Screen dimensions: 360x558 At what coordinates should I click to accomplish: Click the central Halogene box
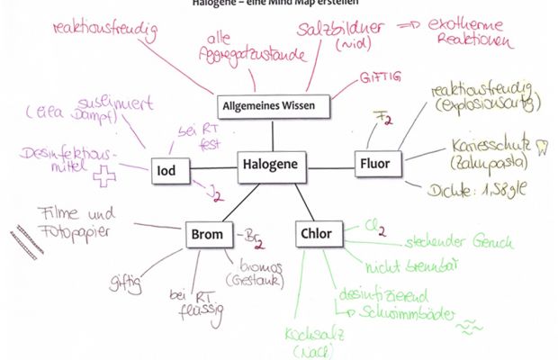(x=272, y=166)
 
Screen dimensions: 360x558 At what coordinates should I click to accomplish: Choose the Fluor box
(x=374, y=165)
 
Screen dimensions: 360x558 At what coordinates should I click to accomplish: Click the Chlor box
(x=315, y=235)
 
